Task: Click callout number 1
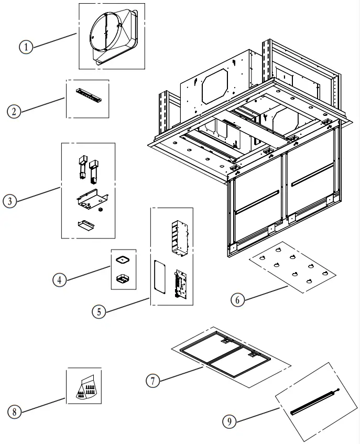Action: click(x=26, y=47)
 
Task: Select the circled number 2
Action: click(x=14, y=111)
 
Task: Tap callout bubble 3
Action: click(x=10, y=201)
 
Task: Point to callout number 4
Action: click(x=60, y=280)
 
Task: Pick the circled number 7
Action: click(x=152, y=381)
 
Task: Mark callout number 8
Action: click(x=15, y=413)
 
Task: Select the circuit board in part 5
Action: click(x=181, y=284)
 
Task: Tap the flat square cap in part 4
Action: click(x=124, y=259)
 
